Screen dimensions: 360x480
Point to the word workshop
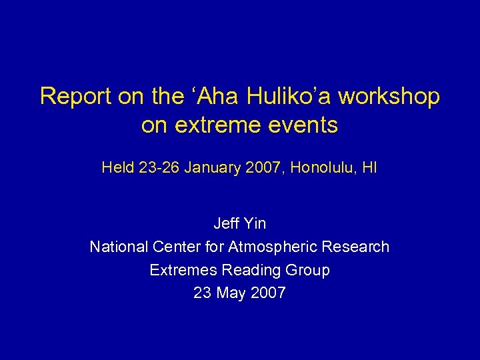coord(389,97)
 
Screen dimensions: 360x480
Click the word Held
coord(117,168)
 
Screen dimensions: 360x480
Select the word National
coord(118,247)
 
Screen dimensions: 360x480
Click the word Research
coord(357,247)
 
